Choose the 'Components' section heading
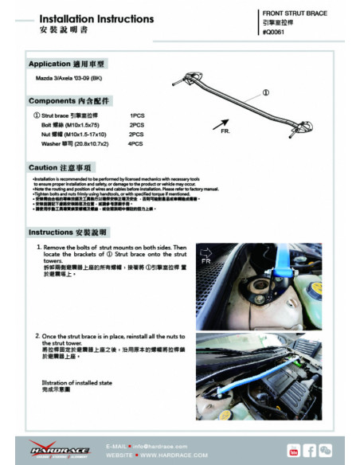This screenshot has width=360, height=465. tap(68, 101)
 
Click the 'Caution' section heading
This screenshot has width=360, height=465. tap(61, 168)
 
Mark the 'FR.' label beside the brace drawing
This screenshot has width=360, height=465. tap(225, 131)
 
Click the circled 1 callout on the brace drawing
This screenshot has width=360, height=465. tap(266, 92)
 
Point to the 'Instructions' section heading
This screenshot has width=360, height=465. tap(67, 232)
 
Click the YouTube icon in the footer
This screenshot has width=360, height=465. tap(293, 451)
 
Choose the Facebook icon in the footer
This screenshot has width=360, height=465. tap(310, 451)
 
